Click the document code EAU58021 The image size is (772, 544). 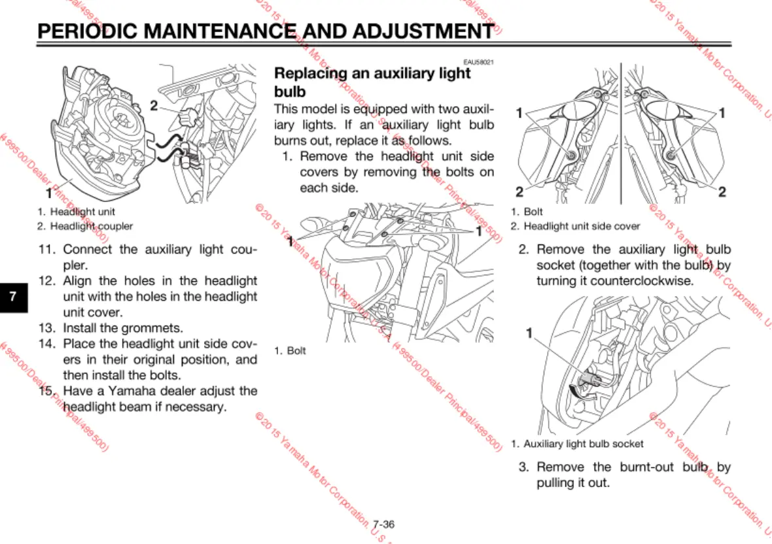click(478, 62)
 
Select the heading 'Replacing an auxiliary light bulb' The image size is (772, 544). click(372, 82)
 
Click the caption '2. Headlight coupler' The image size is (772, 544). click(84, 226)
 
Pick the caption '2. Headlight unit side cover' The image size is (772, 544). click(575, 226)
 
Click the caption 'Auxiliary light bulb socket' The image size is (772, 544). click(582, 444)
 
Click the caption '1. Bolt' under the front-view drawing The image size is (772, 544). click(290, 351)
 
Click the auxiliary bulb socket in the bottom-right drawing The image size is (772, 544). click(588, 382)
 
